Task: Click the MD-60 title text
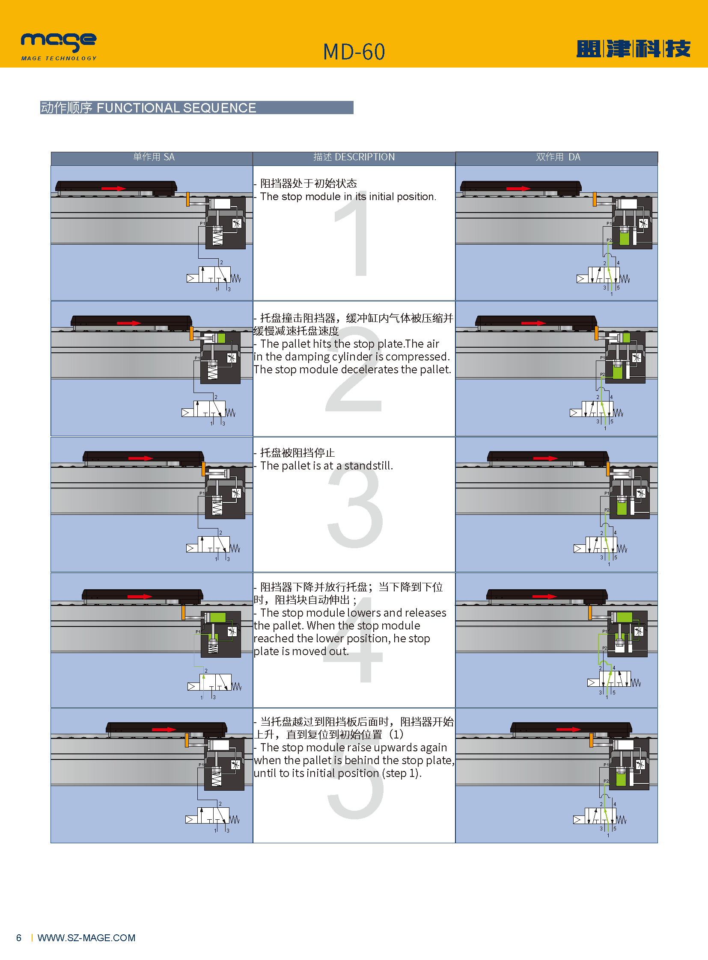[x=354, y=52]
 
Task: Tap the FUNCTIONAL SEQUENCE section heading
[x=176, y=108]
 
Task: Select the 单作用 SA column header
[x=154, y=157]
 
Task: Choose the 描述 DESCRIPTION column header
[x=354, y=157]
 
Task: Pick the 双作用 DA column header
[x=558, y=157]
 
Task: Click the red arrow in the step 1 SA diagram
[x=113, y=189]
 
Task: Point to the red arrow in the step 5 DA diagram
[x=569, y=729]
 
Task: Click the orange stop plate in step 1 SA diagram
[x=188, y=200]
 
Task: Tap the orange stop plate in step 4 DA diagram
[x=590, y=612]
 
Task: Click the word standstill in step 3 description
[x=369, y=465]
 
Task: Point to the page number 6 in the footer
[x=19, y=938]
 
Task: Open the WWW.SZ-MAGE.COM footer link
[x=86, y=938]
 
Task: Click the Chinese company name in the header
[x=634, y=49]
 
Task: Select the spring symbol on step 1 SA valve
[x=236, y=278]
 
